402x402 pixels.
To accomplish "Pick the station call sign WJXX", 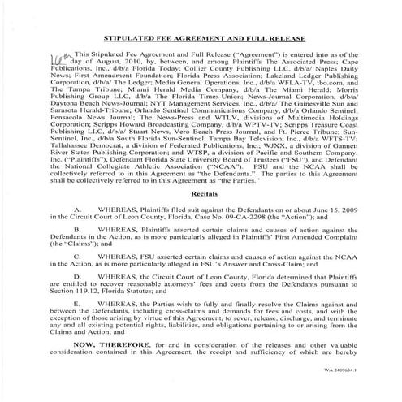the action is (x=253, y=159).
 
